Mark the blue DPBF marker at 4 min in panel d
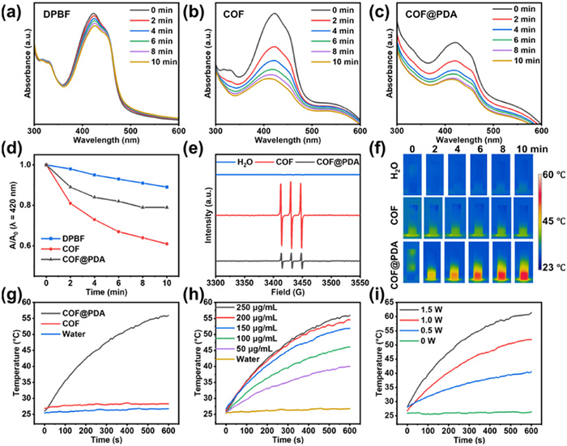pos(96,175)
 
